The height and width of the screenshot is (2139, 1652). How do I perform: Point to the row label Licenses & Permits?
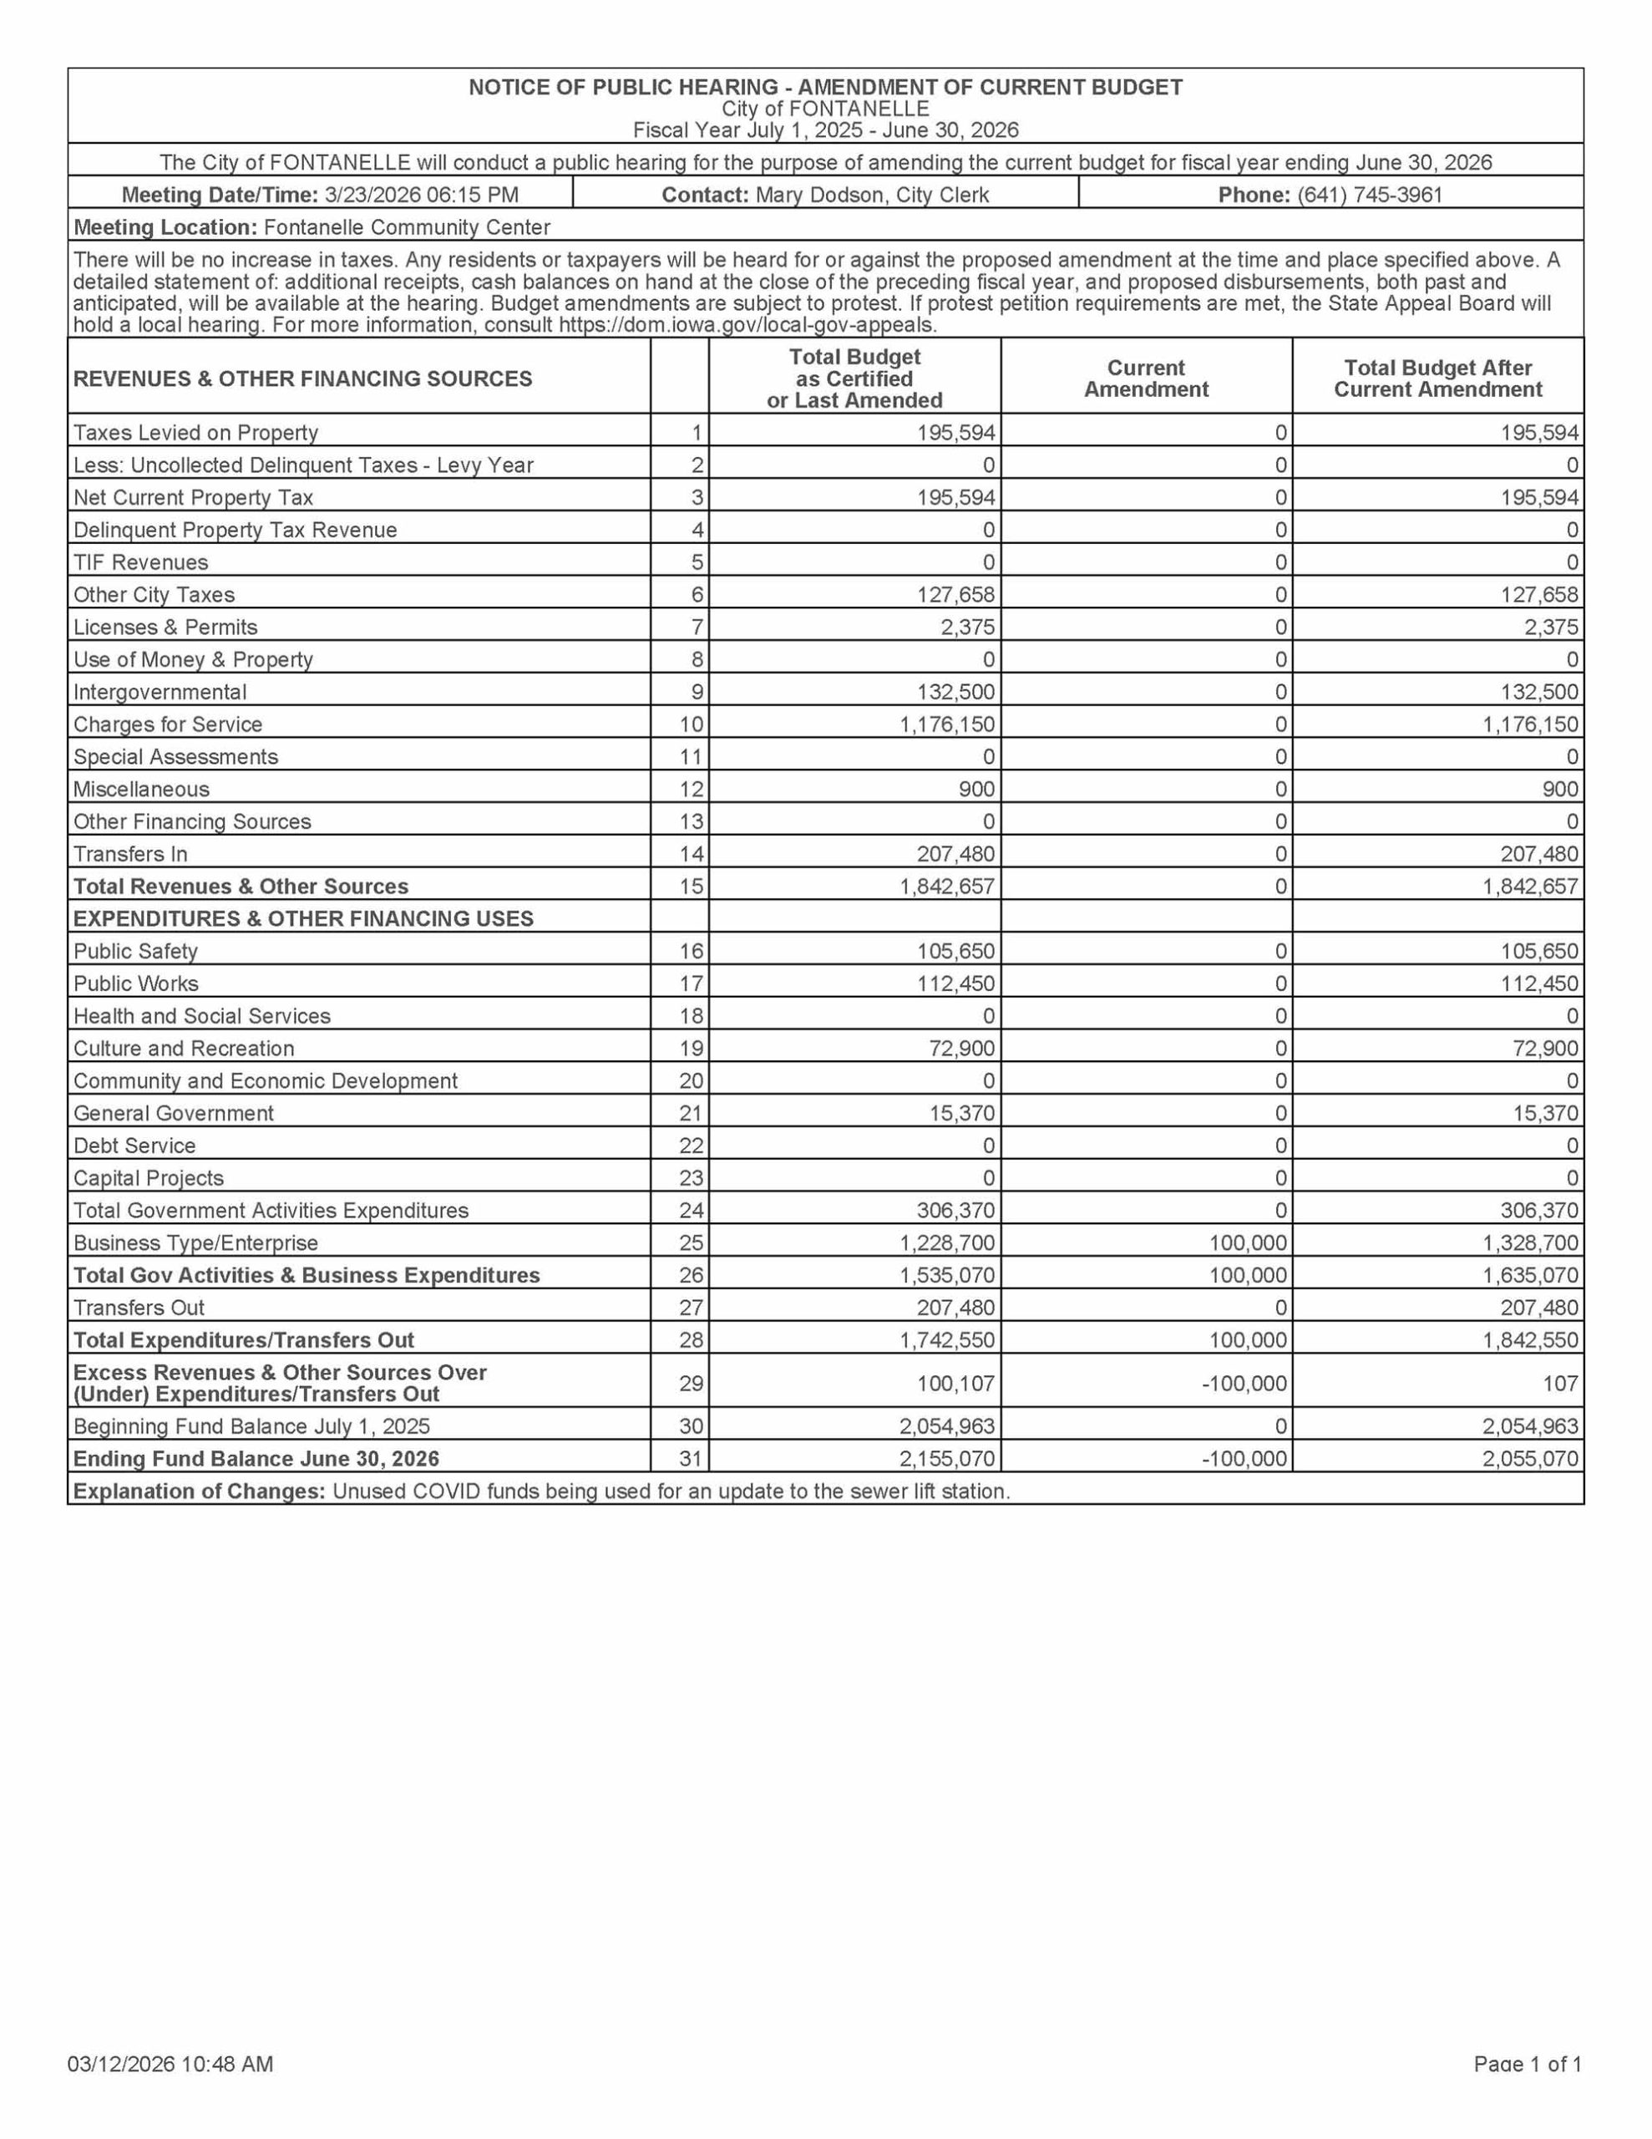point(165,627)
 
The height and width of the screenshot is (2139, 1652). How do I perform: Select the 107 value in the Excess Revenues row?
point(1561,1383)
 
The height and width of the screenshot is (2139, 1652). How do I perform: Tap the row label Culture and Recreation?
point(184,1048)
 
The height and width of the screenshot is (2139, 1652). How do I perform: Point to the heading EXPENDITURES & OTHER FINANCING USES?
point(303,918)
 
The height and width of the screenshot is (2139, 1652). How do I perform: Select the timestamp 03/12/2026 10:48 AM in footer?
point(170,2065)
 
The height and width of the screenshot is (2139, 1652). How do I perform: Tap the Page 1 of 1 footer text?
point(1528,2065)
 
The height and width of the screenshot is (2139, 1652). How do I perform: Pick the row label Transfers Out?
point(139,1308)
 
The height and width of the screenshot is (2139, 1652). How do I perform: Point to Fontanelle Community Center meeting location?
point(407,227)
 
